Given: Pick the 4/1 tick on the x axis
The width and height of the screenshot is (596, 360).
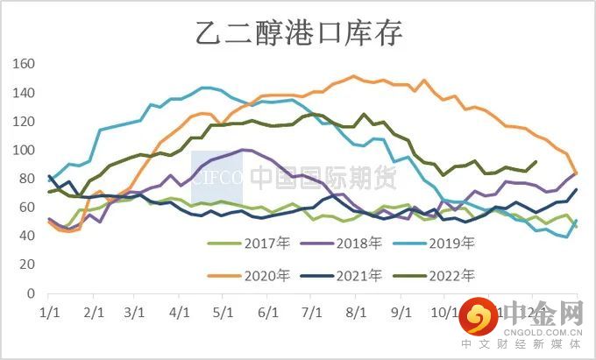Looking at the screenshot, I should pyautogui.click(x=180, y=313).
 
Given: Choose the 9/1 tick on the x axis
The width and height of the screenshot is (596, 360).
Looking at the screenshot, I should pyautogui.click(x=401, y=313).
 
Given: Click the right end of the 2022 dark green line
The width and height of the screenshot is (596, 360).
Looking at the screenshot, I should pyautogui.click(x=536, y=162).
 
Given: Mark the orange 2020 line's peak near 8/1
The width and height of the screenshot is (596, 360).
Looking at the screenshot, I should pyautogui.click(x=353, y=76).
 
